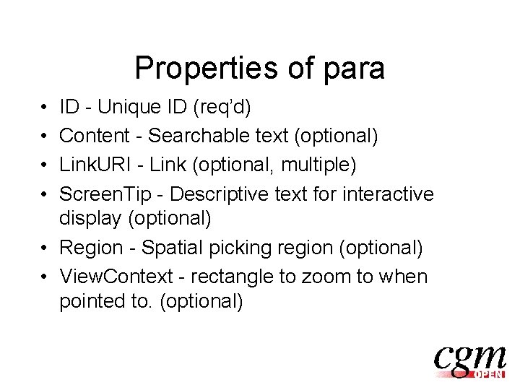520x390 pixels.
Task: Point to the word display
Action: point(89,217)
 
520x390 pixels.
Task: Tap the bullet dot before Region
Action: point(44,248)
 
